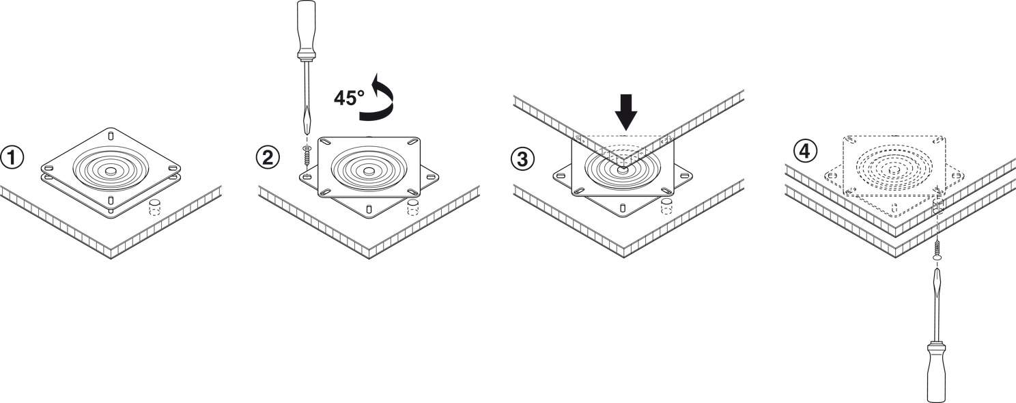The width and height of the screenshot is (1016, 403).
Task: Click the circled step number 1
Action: coord(12,158)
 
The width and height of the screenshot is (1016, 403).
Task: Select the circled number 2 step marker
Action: coord(268,158)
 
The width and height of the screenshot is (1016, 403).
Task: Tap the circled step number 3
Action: coord(522,159)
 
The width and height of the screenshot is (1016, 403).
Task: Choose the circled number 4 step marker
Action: coord(804,150)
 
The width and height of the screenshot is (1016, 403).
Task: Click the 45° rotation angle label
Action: coord(349,98)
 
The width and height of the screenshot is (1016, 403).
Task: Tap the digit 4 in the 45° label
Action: coord(339,98)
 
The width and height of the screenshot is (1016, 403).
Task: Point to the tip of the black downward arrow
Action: coord(626,130)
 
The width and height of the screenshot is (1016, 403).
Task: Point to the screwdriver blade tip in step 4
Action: coord(935,268)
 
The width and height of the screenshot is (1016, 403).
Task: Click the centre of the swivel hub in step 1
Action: coord(111,171)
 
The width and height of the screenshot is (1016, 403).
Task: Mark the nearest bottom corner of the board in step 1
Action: coord(111,260)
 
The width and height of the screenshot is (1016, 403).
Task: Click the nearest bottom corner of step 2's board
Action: coord(369,259)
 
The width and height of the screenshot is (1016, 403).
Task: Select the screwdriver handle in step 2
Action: coord(306,29)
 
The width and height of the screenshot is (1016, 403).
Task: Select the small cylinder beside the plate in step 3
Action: coord(666,206)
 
